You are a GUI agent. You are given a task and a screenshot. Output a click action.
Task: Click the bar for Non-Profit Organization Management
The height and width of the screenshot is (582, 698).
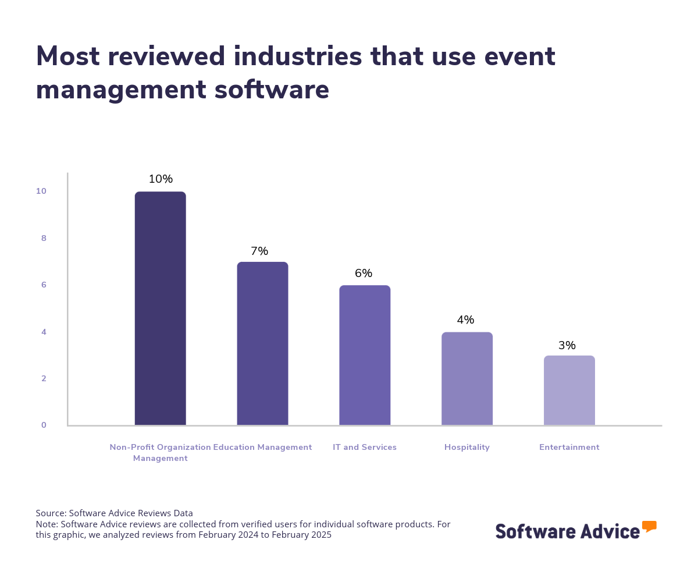160,308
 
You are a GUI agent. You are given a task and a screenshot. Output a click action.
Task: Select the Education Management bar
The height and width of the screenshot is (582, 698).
262,343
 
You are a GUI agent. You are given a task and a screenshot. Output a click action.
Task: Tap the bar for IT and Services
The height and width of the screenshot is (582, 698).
365,355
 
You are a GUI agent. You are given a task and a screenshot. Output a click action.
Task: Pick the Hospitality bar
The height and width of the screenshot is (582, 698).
467,378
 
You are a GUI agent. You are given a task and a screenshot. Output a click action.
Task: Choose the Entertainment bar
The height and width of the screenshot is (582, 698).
569,390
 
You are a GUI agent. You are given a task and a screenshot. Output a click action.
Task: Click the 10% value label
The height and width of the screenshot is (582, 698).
161,179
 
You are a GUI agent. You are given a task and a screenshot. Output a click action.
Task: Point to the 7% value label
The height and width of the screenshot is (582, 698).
259,251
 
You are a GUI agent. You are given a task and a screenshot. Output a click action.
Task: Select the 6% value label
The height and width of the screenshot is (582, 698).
364,274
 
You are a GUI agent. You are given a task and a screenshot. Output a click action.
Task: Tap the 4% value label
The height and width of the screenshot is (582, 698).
465,320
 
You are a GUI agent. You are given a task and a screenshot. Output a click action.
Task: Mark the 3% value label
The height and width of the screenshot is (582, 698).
567,346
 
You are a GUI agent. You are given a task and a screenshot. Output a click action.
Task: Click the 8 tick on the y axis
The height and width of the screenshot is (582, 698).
44,238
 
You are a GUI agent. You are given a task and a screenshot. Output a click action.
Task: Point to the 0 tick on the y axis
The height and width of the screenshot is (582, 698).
44,425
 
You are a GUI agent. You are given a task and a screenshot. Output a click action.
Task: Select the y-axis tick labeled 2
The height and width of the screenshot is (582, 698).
44,378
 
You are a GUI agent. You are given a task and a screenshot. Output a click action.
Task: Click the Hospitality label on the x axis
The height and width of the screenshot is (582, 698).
467,448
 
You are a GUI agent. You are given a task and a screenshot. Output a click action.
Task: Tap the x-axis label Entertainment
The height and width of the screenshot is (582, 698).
569,448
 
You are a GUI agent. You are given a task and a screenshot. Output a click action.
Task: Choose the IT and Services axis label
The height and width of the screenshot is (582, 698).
365,448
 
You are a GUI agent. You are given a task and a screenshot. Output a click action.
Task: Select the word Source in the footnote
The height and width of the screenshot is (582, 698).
50,513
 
